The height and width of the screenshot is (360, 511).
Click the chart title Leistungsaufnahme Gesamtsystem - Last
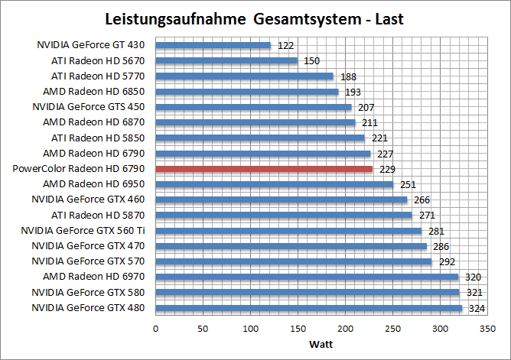(x=255, y=18)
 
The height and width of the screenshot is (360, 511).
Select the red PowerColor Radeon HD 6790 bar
(x=264, y=168)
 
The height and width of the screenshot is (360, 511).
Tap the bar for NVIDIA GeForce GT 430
(x=213, y=45)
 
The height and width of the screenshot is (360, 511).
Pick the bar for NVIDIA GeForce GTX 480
(x=309, y=308)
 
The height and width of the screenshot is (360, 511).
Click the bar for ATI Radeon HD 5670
(x=226, y=60)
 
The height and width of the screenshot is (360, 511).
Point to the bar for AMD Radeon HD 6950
(x=274, y=184)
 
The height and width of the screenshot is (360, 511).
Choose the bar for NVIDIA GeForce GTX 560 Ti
(x=288, y=231)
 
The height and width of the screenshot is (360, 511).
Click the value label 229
(x=387, y=169)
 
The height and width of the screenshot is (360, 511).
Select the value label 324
(x=477, y=309)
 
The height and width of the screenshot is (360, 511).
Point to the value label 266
(x=422, y=200)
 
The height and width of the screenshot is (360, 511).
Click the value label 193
(x=353, y=92)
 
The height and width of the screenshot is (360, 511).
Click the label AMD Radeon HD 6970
(x=94, y=277)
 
